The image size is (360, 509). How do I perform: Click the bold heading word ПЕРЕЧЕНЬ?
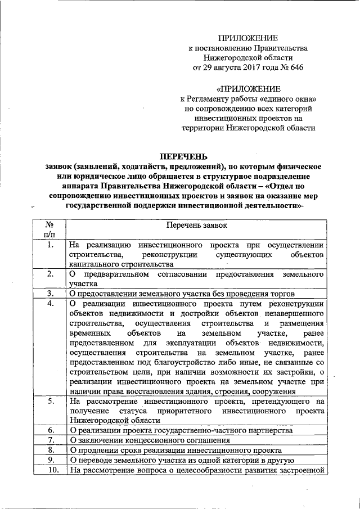point(184,156)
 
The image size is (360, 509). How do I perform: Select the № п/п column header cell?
point(50,229)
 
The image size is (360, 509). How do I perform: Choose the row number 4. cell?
point(50,304)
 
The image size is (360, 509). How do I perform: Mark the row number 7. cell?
point(50,440)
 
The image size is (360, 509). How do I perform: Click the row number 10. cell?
point(50,470)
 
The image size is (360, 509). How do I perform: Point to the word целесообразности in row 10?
point(211,470)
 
